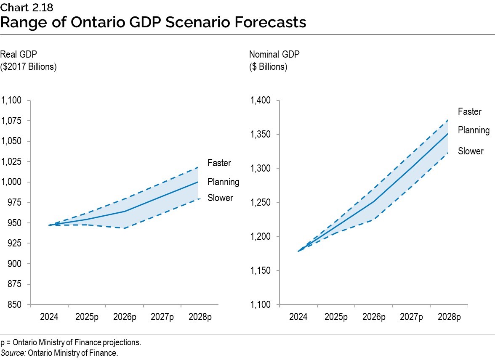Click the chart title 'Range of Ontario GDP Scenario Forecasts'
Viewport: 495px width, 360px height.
click(x=153, y=22)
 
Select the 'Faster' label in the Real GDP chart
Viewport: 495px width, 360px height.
click(x=219, y=163)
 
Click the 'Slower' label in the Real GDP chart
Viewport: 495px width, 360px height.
click(x=220, y=198)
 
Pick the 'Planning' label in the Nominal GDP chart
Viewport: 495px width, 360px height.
click(x=474, y=130)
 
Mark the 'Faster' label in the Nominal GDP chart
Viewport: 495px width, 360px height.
click(x=469, y=112)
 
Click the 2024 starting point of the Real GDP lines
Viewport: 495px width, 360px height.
click(x=49, y=225)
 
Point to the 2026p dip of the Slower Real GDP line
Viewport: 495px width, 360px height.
click(x=125, y=228)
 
